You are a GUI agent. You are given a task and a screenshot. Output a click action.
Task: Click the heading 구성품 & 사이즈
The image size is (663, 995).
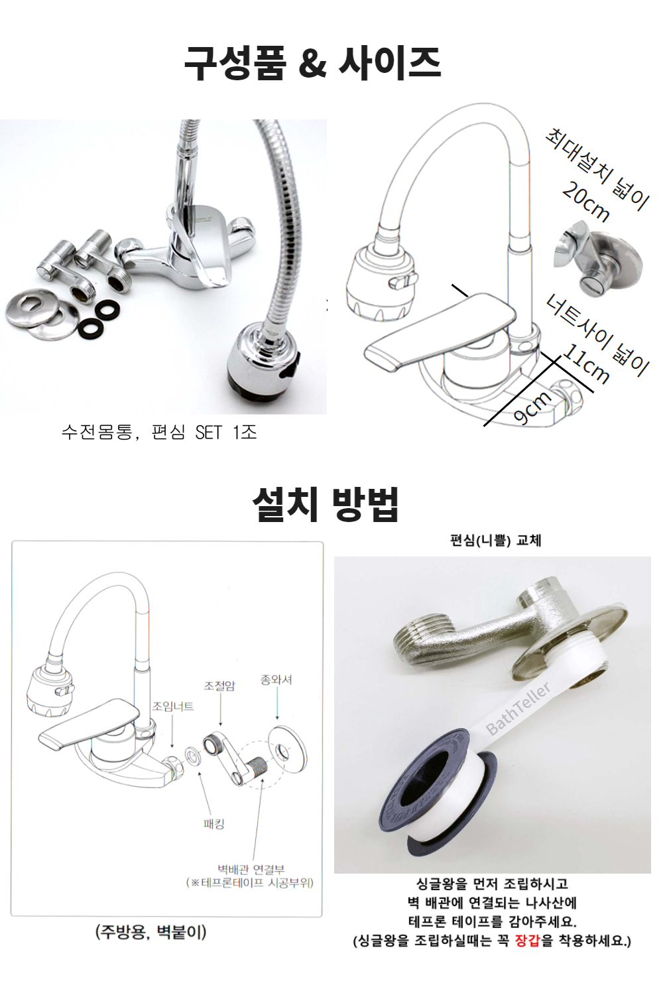312,63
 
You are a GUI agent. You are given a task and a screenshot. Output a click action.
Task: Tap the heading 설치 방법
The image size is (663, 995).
326,504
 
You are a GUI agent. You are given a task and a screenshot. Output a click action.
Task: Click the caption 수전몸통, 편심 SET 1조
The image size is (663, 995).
159,432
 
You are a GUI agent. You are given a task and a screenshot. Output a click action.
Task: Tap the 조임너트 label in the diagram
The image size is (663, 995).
173,706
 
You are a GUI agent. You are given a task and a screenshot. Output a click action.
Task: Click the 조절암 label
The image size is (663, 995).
219,685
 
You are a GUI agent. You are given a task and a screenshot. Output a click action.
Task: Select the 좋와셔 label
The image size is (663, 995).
276,679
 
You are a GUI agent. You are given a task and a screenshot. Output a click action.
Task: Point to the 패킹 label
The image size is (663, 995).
214,824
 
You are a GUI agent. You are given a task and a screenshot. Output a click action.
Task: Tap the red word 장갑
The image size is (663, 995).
526,941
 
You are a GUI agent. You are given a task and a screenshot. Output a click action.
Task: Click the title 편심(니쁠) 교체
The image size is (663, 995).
495,540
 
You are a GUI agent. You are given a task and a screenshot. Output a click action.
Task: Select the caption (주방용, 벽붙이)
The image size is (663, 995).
151,932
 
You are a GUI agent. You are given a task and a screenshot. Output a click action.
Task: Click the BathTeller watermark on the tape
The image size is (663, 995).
518,708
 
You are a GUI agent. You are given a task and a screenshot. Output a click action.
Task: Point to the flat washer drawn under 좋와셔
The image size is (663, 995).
287,750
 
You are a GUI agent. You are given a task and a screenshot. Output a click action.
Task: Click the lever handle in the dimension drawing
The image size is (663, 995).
440,330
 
